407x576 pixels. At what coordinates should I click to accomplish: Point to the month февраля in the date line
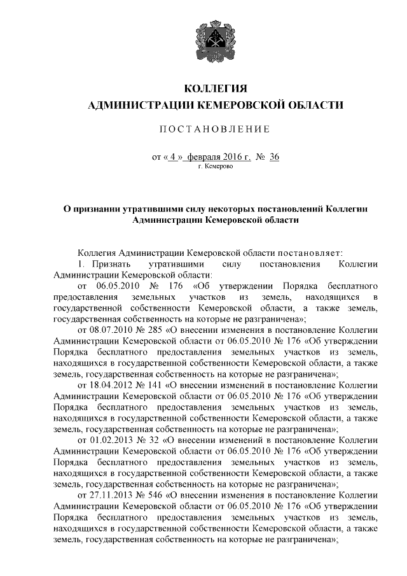coord(209,156)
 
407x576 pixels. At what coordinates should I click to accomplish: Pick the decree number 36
coord(275,156)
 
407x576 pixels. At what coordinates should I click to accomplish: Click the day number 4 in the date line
coord(173,156)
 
